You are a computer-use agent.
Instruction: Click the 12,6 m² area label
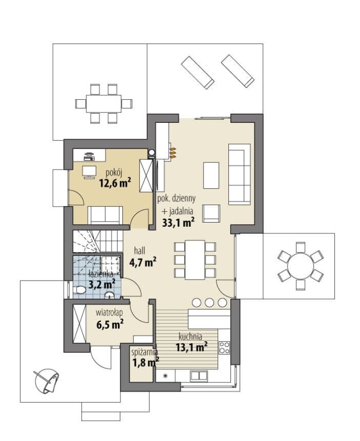coord(115,183)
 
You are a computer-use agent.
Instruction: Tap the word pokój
coord(113,172)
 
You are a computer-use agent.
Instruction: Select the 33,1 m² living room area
coord(178,223)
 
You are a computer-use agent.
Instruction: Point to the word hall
coord(139,250)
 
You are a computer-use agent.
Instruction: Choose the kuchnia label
coord(191,336)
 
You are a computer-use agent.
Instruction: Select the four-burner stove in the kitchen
coord(224,347)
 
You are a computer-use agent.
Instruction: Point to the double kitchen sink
coord(199,375)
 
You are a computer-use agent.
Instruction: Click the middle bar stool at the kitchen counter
coord(209,302)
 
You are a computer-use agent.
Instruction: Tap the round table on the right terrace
coord(300,266)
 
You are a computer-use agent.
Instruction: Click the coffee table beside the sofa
coord(211,175)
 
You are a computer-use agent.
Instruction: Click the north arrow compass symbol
coord(47,381)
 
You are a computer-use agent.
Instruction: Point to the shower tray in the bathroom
coord(111,265)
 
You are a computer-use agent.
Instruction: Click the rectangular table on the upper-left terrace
coord(103,103)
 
